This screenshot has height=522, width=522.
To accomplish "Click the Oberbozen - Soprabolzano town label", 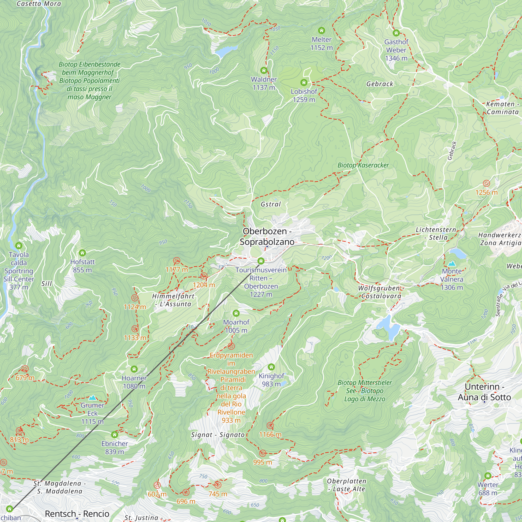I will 267,236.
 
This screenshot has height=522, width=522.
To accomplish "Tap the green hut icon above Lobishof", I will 304,82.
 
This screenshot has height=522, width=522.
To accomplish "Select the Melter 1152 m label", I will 322,44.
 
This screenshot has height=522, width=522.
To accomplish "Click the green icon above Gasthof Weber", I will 396,33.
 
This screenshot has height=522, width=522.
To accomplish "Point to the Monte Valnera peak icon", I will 452,263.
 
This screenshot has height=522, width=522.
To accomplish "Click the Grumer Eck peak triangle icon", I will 92,398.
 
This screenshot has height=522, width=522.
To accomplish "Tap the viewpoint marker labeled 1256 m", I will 486,183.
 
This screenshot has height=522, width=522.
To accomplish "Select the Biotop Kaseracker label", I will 363,165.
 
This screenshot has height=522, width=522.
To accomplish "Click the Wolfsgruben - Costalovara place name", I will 381,292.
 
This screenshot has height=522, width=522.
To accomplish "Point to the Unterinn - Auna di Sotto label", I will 484,392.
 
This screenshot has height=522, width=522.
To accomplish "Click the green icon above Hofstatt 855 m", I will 82,253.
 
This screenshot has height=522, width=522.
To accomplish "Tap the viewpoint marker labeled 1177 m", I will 176,261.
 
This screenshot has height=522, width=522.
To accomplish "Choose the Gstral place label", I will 271,204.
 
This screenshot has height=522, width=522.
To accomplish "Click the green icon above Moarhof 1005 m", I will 236,313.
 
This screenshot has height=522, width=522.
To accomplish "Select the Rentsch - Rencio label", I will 77,514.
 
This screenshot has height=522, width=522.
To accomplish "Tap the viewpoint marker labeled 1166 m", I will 270,426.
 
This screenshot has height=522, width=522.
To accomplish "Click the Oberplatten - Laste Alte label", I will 347,485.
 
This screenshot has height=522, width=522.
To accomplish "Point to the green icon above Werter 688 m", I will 488,476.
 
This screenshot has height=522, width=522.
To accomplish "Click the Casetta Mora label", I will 39,4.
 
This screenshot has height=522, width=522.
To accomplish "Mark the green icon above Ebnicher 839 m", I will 115,435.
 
